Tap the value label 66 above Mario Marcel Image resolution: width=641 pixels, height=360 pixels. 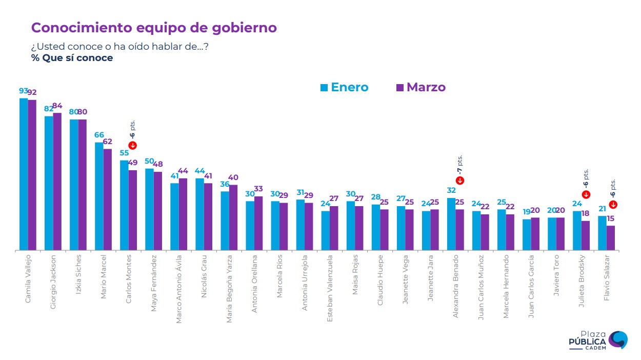[x=99, y=135]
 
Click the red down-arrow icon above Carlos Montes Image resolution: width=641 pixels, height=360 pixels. [x=133, y=146]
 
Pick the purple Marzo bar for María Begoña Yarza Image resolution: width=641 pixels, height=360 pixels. [x=233, y=217]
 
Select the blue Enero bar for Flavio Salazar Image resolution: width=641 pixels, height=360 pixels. [x=602, y=233]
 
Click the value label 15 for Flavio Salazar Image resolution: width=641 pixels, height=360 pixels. [x=611, y=219]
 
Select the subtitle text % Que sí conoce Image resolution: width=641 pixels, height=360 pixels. [x=72, y=58]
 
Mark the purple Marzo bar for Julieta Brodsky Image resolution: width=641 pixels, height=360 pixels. [x=586, y=235]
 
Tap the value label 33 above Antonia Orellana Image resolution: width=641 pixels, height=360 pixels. [x=258, y=189]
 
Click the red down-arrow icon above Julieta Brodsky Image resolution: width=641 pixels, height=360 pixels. [x=586, y=194]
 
